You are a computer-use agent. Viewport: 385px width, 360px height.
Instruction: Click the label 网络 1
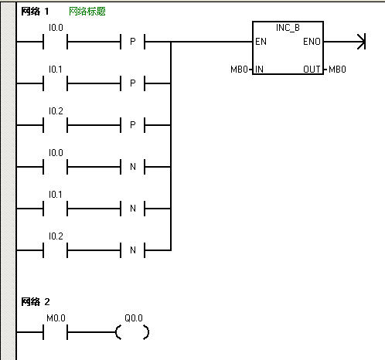tap(35, 12)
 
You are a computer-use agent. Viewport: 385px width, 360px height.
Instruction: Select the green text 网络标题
tap(87, 12)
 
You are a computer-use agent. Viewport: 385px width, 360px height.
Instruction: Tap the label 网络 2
tap(36, 301)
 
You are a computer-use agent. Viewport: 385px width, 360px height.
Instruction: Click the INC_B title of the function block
tap(288, 28)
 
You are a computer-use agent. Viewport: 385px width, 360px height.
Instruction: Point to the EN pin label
tap(261, 42)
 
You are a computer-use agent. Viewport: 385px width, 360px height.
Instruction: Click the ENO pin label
tap(312, 42)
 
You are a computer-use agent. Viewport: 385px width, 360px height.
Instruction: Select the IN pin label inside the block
tap(259, 70)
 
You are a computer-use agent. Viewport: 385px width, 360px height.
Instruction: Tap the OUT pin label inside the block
tap(312, 70)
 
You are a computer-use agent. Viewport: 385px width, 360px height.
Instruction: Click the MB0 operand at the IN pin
tap(239, 70)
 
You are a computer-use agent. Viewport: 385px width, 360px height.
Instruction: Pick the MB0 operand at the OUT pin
tap(337, 70)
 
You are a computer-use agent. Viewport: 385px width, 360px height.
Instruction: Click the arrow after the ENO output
tap(345, 42)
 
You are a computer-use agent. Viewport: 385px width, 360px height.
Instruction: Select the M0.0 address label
tap(56, 318)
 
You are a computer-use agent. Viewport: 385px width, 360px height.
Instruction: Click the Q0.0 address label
tap(134, 318)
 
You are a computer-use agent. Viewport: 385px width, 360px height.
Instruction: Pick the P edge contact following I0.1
tap(132, 83)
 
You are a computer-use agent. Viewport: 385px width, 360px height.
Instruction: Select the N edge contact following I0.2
tap(132, 250)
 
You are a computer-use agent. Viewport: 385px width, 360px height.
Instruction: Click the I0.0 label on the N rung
tap(56, 153)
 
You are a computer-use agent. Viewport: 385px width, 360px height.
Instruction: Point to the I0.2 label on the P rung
tap(56, 111)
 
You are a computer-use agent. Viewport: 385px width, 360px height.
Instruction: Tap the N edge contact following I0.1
tap(132, 209)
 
